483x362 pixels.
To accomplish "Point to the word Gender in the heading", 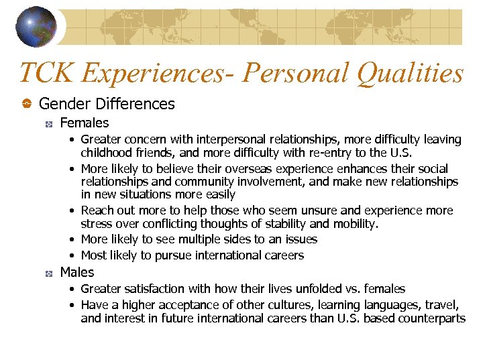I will (x=65, y=104).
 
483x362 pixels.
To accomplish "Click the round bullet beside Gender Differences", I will (x=26, y=104).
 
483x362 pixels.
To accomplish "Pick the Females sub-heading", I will (x=84, y=123).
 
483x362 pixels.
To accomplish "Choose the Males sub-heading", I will (x=77, y=272).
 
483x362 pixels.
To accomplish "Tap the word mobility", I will (x=354, y=223).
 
